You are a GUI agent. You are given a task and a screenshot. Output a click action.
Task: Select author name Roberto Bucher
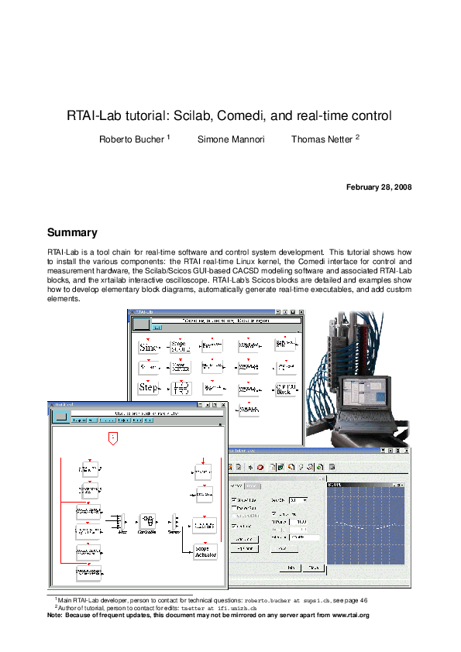tap(132, 139)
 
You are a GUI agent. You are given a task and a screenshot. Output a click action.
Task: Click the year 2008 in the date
tap(401, 187)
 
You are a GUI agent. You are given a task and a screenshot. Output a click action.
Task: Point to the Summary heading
tap(72, 232)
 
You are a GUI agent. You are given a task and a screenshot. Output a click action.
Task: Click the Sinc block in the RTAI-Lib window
tap(149, 347)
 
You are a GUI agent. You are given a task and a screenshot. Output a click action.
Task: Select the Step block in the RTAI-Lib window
tap(149, 387)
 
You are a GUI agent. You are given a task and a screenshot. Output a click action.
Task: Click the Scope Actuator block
tap(206, 551)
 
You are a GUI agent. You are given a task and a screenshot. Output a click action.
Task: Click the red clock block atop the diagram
tap(112, 438)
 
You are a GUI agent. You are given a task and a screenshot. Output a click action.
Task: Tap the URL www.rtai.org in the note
tap(346, 615)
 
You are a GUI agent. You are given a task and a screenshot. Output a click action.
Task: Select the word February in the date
tap(364, 187)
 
